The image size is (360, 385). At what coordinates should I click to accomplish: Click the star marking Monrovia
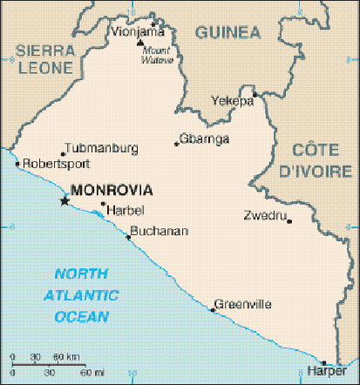click(x=64, y=201)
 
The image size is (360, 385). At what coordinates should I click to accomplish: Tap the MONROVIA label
click(x=112, y=189)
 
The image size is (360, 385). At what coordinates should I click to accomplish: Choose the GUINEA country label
click(x=228, y=32)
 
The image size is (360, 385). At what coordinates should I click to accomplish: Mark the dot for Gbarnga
click(x=176, y=144)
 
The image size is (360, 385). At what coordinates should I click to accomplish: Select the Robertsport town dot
click(x=17, y=162)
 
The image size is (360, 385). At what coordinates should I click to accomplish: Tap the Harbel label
click(x=124, y=210)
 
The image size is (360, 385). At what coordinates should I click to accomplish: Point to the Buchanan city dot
click(x=129, y=236)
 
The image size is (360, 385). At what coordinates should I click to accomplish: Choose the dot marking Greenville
click(x=213, y=309)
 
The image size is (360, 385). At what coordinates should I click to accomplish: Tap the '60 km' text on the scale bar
click(x=67, y=357)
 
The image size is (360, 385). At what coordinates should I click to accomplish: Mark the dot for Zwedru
click(x=290, y=220)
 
